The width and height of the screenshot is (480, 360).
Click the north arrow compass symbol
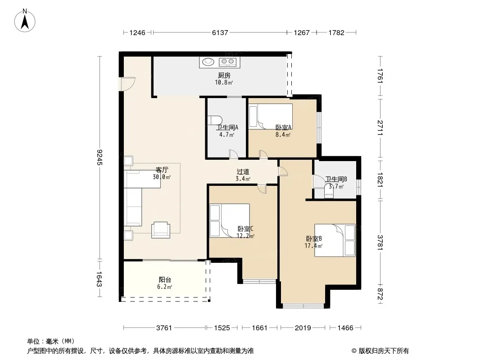click(25, 21)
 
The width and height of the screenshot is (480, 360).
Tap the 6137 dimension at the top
click(220, 32)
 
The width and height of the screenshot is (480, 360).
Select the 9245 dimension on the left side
click(99, 157)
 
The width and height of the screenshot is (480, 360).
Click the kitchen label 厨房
click(224, 75)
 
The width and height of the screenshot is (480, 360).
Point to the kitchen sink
click(208, 62)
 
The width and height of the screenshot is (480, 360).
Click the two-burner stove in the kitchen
click(228, 62)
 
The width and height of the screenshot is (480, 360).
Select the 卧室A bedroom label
click(284, 127)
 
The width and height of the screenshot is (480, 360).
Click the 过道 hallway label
click(243, 172)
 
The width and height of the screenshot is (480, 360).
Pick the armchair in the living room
click(161, 229)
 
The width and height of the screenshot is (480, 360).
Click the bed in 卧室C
click(230, 220)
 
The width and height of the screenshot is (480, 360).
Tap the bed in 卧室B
click(335, 240)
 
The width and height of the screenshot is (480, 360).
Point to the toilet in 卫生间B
click(329, 193)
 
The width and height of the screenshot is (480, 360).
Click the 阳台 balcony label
click(165, 279)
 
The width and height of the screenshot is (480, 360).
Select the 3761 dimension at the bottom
click(164, 328)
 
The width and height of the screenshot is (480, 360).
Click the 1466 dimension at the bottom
click(345, 328)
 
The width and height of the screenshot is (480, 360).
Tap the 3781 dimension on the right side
click(380, 242)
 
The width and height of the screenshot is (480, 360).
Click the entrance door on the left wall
click(127, 84)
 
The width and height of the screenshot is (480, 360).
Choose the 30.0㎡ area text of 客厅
click(162, 177)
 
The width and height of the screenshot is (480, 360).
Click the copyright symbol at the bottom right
click(354, 351)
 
